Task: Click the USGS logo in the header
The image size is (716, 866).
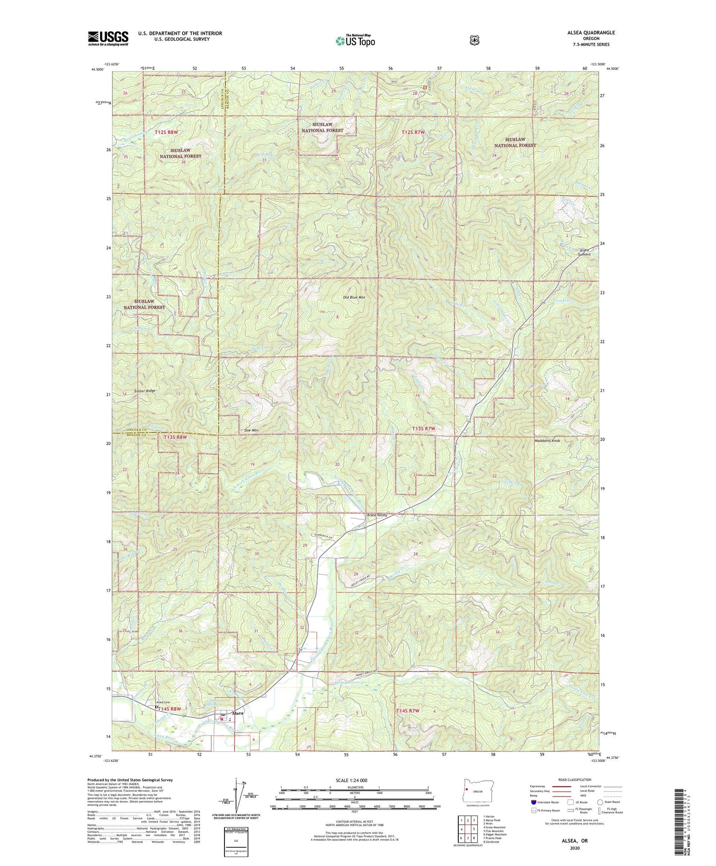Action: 108,38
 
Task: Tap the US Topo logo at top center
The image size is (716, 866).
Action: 355,41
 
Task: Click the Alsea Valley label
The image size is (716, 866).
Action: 377,515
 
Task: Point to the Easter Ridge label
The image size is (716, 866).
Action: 144,391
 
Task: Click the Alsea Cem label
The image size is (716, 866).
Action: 164,702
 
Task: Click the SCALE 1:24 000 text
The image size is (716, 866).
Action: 351,781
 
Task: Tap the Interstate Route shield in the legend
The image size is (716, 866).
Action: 533,802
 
